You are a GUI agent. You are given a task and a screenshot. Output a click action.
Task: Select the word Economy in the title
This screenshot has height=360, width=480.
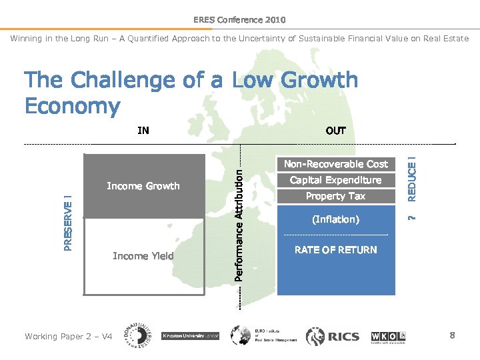point(72,106)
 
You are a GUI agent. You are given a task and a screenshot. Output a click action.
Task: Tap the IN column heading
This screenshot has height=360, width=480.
point(143,131)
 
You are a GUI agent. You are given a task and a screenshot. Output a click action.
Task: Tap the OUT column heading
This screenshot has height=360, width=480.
point(335,131)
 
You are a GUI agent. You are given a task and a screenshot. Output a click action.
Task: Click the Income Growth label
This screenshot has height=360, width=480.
point(143,186)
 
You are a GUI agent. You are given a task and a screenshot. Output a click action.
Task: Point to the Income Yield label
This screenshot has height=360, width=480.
point(143,256)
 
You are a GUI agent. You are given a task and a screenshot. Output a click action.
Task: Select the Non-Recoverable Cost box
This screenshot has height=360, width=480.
point(335,164)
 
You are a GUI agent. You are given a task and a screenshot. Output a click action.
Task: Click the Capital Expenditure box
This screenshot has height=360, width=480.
point(335,180)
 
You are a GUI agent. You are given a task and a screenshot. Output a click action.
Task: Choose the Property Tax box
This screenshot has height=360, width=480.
point(335,196)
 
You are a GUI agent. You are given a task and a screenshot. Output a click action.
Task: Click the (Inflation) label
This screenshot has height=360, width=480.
point(335,219)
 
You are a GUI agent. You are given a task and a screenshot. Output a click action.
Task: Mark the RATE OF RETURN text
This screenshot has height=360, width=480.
point(335,250)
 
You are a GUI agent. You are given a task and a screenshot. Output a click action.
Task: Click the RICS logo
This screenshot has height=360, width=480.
point(333,336)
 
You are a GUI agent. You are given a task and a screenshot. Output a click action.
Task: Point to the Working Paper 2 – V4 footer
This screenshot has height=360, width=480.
point(68,337)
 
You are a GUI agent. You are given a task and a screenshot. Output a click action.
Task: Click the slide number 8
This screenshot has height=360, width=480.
point(452,335)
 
